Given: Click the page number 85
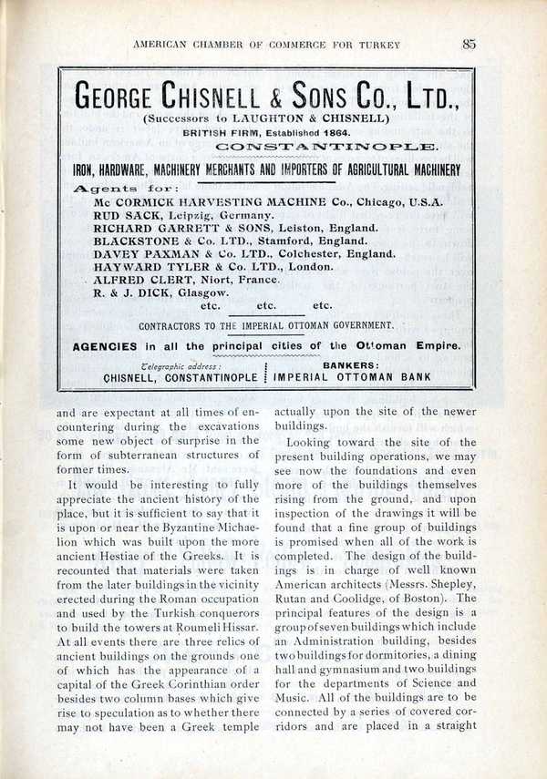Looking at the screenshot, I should (470, 42).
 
